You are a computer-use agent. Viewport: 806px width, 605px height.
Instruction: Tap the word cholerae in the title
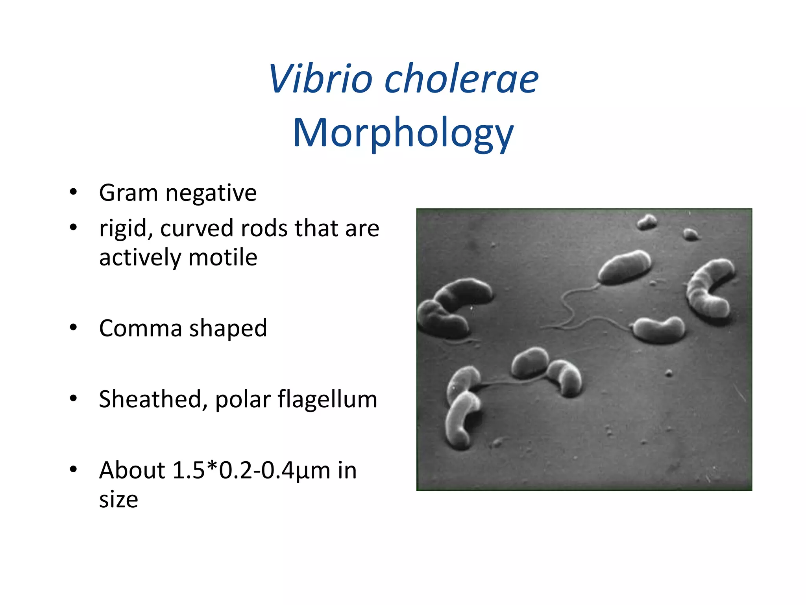click(461, 80)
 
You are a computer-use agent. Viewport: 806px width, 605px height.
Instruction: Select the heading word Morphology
click(403, 133)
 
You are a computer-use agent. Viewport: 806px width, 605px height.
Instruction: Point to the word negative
click(211, 194)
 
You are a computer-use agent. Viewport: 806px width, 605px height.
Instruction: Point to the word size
click(118, 499)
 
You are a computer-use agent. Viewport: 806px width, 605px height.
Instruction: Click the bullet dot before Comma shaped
click(73, 328)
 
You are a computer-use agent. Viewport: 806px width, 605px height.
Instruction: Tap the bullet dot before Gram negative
click(73, 193)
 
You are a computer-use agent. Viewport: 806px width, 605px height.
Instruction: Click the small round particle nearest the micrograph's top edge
click(647, 222)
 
